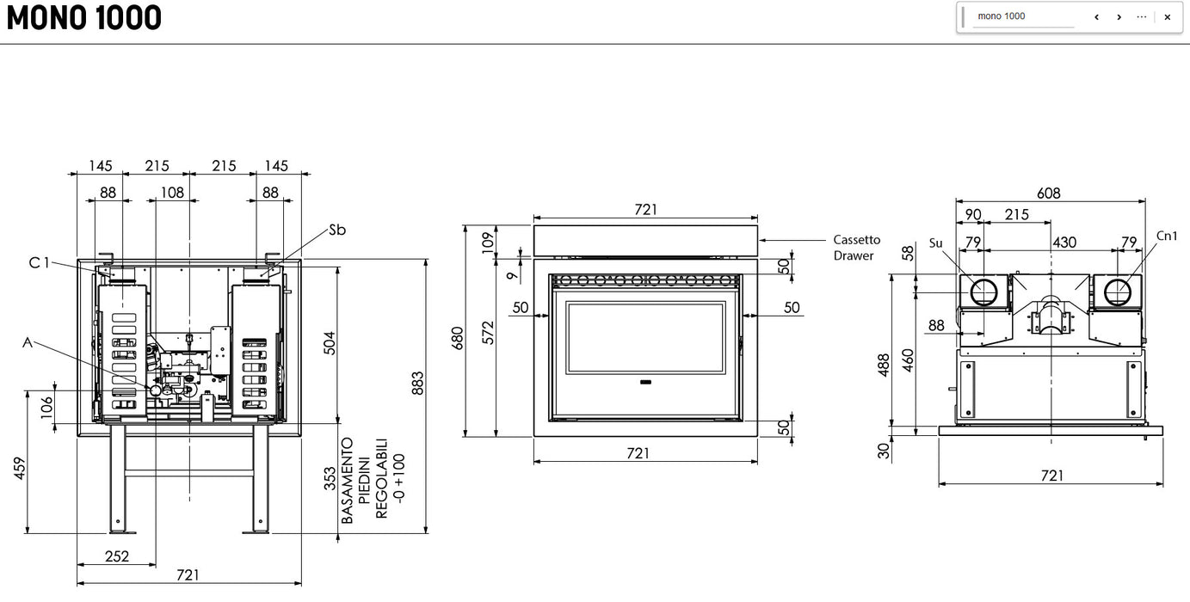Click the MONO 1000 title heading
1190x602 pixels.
click(x=84, y=18)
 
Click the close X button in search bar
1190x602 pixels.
click(x=1167, y=17)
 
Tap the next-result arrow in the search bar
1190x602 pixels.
click(x=1119, y=17)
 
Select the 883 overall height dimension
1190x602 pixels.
click(x=417, y=384)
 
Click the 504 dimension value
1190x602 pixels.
click(x=329, y=342)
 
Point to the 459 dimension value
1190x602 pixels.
click(x=21, y=467)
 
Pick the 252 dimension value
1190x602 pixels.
click(x=116, y=556)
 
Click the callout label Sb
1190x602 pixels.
click(x=337, y=230)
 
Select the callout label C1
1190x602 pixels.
click(x=40, y=263)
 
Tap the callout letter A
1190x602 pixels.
click(x=28, y=342)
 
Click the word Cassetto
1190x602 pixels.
click(x=856, y=240)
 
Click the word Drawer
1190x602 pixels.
click(x=853, y=255)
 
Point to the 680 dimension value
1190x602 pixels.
click(x=458, y=337)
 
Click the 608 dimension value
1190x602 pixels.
click(x=1048, y=193)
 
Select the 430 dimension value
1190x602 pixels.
click(x=1064, y=243)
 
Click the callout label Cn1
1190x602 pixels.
click(x=1167, y=236)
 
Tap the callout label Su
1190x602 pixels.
click(x=936, y=243)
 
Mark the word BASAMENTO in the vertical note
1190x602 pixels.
click(x=348, y=481)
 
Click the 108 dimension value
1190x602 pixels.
click(x=172, y=193)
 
